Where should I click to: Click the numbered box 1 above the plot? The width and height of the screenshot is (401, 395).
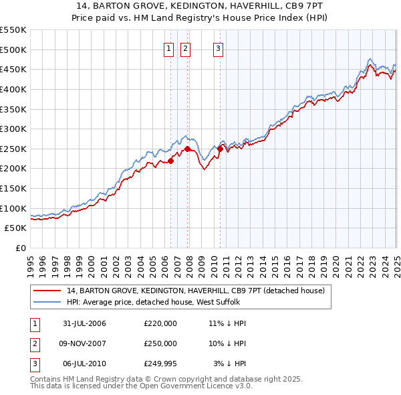click(x=168, y=48)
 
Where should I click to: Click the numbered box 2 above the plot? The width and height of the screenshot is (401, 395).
click(x=184, y=48)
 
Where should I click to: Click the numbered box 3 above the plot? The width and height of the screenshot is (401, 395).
click(x=218, y=48)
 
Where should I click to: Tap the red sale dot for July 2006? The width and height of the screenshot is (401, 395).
click(x=170, y=161)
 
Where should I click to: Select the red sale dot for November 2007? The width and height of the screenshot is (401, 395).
click(x=188, y=149)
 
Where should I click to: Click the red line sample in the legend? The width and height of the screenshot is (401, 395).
click(x=47, y=291)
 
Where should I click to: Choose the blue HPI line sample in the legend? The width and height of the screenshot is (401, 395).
click(x=47, y=302)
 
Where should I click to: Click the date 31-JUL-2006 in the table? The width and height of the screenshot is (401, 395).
click(x=84, y=323)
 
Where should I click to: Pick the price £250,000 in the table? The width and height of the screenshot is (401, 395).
click(x=160, y=343)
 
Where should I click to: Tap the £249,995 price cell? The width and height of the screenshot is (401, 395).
click(x=160, y=364)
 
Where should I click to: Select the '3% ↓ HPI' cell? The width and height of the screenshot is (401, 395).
click(x=230, y=364)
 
